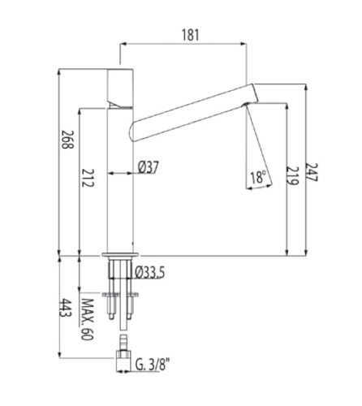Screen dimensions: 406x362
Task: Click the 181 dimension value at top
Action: tap(189, 34)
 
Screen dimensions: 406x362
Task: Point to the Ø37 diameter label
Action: tap(148, 166)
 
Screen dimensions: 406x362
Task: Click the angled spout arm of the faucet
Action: tap(187, 105)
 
